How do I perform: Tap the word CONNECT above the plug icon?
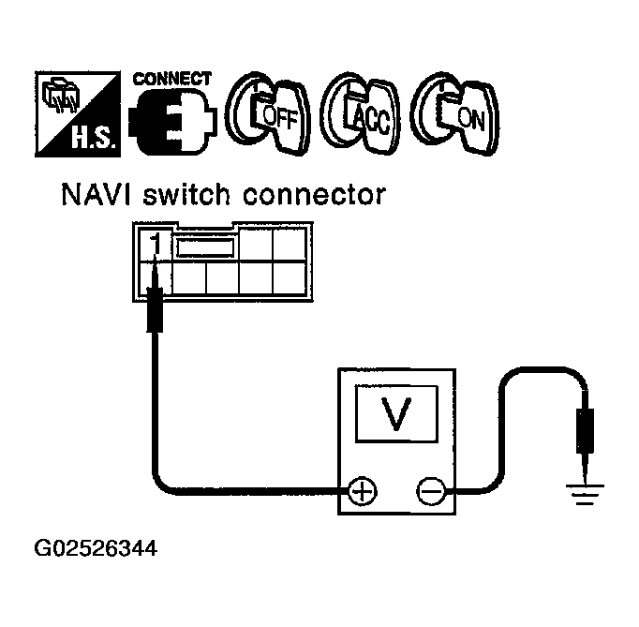(x=172, y=79)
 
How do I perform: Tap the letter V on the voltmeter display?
(x=397, y=412)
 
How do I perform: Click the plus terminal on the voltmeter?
(x=361, y=489)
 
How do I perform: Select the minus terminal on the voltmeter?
(x=429, y=489)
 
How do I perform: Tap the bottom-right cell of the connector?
(x=287, y=281)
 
